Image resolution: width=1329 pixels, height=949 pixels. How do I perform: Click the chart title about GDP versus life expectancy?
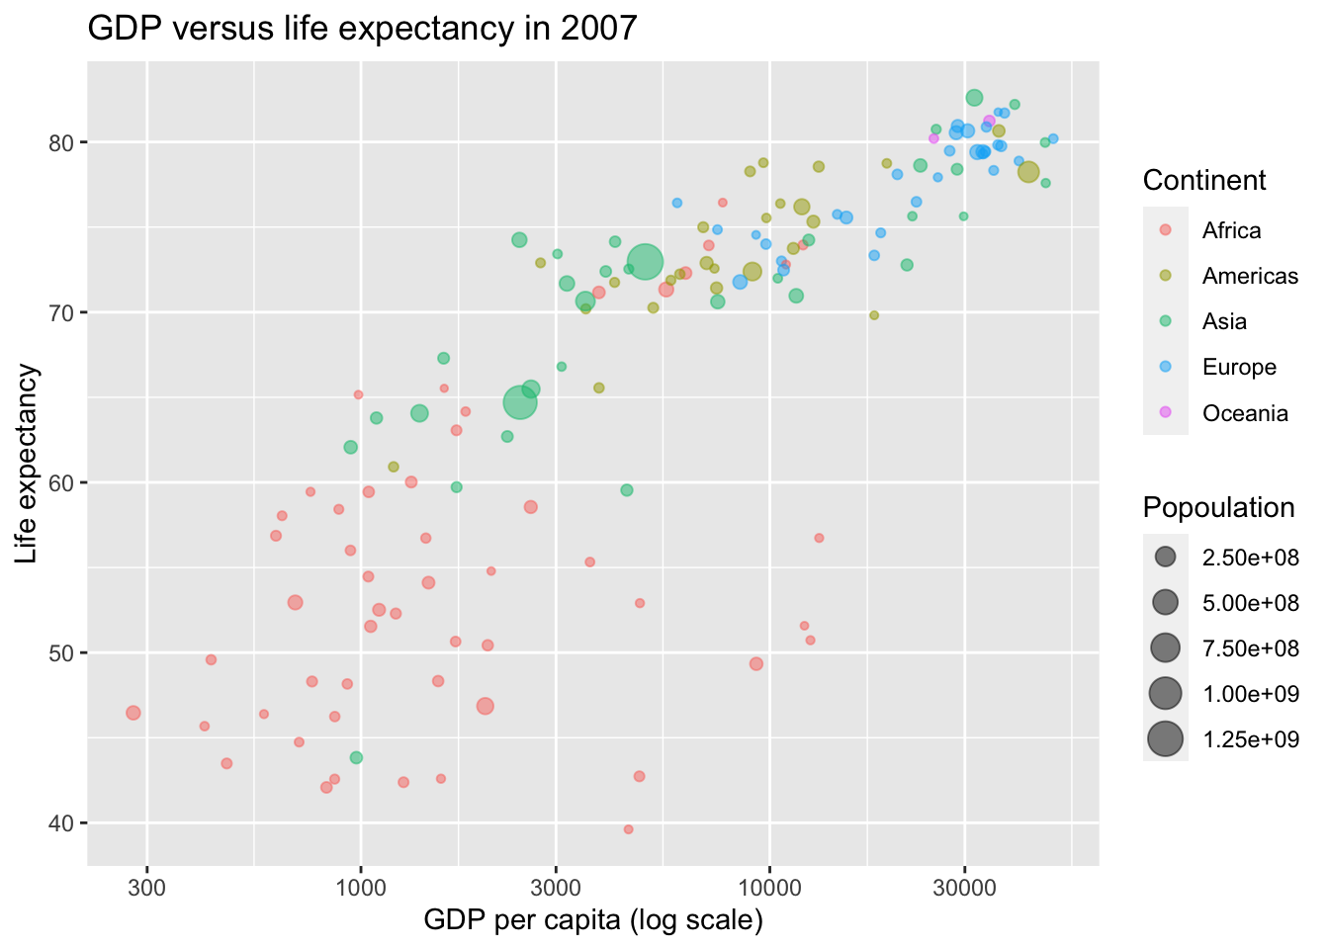tap(362, 28)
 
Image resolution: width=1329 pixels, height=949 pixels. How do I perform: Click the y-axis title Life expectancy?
tap(28, 464)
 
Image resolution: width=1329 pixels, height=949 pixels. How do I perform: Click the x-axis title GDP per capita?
tap(592, 920)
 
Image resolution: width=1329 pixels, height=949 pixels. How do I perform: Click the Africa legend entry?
tap(1231, 230)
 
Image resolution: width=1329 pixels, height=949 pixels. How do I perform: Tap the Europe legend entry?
tap(1239, 368)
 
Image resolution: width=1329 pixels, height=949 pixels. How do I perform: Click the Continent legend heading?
tap(1203, 180)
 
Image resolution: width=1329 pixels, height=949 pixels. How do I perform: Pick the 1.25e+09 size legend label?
tap(1250, 739)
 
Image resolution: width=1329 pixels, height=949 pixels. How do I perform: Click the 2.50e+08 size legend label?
tap(1250, 557)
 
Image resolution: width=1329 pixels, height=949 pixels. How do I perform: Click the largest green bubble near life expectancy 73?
tap(644, 263)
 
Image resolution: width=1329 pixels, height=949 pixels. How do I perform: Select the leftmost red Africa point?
tap(133, 713)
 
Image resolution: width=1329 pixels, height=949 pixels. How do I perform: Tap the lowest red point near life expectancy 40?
tap(628, 829)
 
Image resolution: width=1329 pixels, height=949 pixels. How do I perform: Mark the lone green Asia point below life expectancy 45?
tap(356, 757)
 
